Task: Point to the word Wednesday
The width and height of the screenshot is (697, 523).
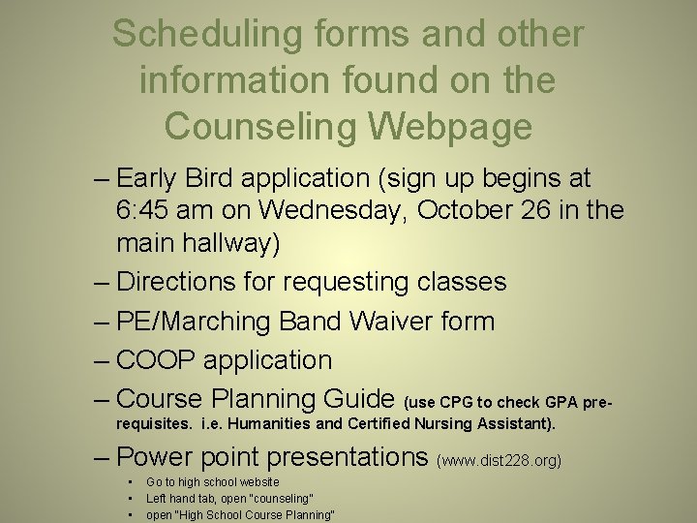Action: pos(328,210)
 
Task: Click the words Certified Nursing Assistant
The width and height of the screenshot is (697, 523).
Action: pos(455,423)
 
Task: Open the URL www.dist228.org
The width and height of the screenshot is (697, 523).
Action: pos(500,461)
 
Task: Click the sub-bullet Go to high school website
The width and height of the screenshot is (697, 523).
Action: pos(212,481)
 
